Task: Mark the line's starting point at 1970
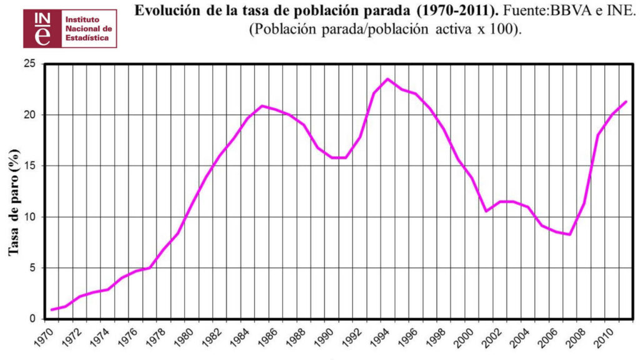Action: [52, 310]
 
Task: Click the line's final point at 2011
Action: [626, 101]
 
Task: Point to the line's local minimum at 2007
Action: [569, 234]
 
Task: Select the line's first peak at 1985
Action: [262, 106]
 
